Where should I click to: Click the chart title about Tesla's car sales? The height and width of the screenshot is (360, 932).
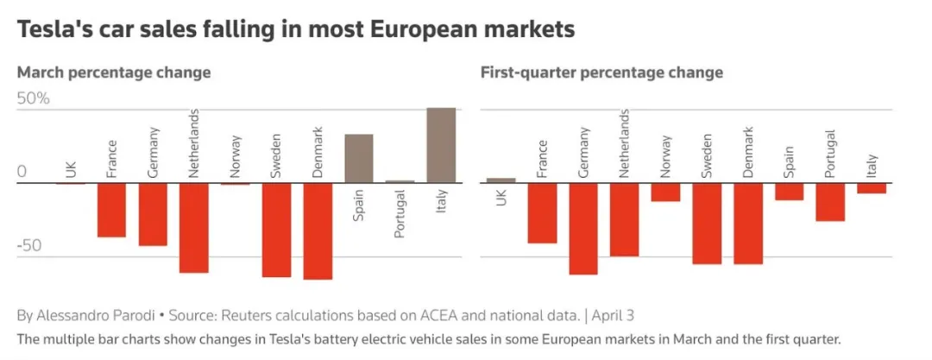click(295, 30)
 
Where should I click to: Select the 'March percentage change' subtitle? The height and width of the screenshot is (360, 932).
click(114, 73)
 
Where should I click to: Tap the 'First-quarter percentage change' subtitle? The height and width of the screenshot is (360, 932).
click(601, 73)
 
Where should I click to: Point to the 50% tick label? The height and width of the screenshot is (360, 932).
click(34, 98)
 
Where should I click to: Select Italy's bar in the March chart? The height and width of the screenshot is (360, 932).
click(441, 145)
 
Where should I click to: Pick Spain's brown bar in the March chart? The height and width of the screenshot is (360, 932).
click(359, 159)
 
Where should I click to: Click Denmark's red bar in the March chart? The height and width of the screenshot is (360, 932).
click(318, 231)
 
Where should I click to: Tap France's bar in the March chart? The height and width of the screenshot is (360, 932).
click(111, 210)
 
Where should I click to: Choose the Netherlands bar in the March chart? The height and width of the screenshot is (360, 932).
click(194, 227)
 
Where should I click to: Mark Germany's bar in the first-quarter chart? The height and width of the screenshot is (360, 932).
click(583, 228)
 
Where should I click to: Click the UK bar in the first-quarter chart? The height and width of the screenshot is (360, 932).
click(501, 180)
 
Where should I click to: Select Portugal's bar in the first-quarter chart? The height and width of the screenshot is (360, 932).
click(830, 202)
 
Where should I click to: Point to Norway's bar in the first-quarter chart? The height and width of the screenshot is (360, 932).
click(665, 192)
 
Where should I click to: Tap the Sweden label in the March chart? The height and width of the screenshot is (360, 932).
click(276, 156)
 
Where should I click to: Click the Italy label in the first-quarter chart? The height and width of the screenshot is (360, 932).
click(872, 163)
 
